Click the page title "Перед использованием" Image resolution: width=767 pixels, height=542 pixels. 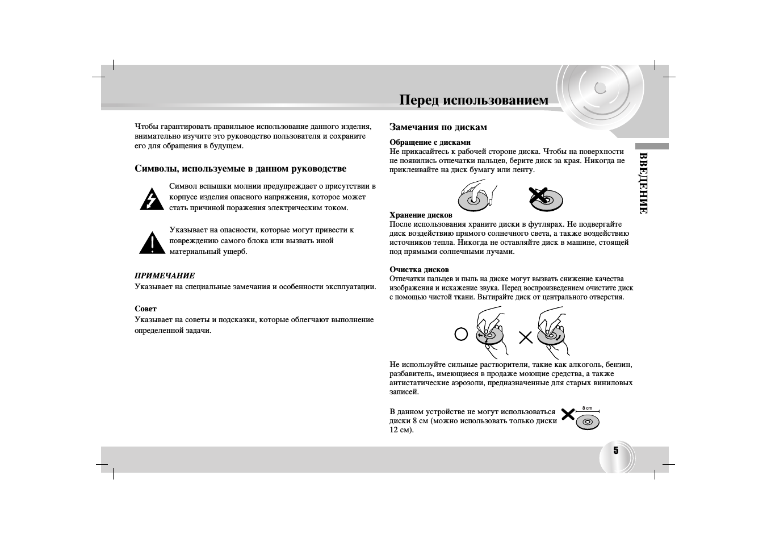coord(473,101)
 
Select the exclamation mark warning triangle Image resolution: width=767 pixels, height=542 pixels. coord(152,243)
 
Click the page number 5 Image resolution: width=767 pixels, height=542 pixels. coord(615,451)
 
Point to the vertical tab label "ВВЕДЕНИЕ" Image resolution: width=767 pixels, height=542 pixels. coord(643,182)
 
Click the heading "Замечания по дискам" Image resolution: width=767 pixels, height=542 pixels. coord(438,127)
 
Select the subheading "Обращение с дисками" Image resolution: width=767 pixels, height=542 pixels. coord(430,142)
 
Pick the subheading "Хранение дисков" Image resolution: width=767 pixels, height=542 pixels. coord(421,215)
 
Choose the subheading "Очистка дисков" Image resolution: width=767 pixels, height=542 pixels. coord(419,269)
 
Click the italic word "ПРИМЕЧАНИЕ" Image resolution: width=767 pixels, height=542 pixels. coord(165,276)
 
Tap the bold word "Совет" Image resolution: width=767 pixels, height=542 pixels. coord(145,308)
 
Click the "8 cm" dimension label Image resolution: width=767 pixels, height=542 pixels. coord(587,408)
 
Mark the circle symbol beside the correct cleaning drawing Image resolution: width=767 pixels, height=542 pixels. coord(461,335)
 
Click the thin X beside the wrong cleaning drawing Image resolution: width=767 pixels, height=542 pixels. coord(526,337)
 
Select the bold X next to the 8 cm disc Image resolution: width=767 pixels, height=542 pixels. coord(567,414)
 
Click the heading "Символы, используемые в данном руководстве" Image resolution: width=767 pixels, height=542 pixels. coord(240,169)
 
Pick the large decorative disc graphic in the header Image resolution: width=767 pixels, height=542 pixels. coord(601,91)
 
